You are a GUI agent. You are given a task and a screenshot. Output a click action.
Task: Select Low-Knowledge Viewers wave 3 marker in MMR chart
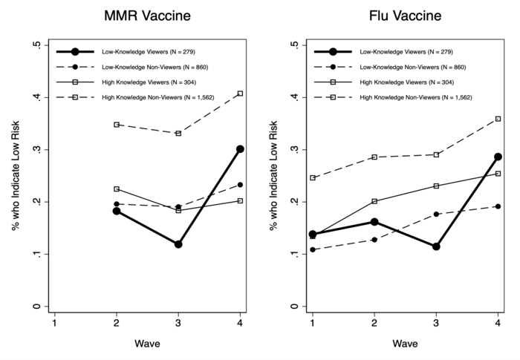click(178, 244)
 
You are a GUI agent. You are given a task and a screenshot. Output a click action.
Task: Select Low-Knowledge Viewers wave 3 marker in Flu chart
click(436, 246)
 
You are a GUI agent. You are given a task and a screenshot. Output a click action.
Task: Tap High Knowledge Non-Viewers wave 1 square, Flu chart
click(313, 178)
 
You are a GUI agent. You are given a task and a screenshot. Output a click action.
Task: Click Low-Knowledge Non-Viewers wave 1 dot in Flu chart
click(313, 249)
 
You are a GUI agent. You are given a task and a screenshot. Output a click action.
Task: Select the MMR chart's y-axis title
click(16, 176)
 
